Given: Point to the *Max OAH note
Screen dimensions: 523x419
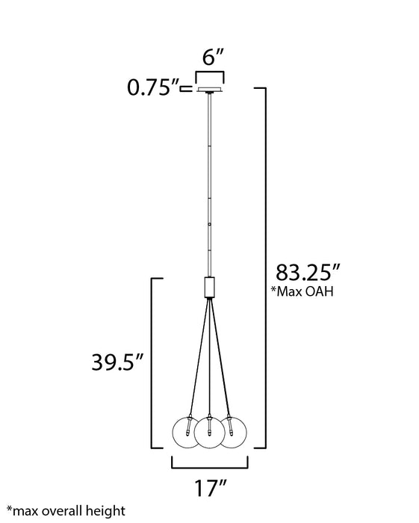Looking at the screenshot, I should [x=305, y=291].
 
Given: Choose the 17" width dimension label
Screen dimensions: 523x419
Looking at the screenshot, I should [x=210, y=490].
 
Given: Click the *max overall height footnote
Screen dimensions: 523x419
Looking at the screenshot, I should [x=66, y=512].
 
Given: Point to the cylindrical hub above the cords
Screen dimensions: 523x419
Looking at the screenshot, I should [x=210, y=288].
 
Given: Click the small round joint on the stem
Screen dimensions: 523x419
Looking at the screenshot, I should [x=210, y=225].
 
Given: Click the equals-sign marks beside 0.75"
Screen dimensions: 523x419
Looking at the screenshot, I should [x=187, y=90].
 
